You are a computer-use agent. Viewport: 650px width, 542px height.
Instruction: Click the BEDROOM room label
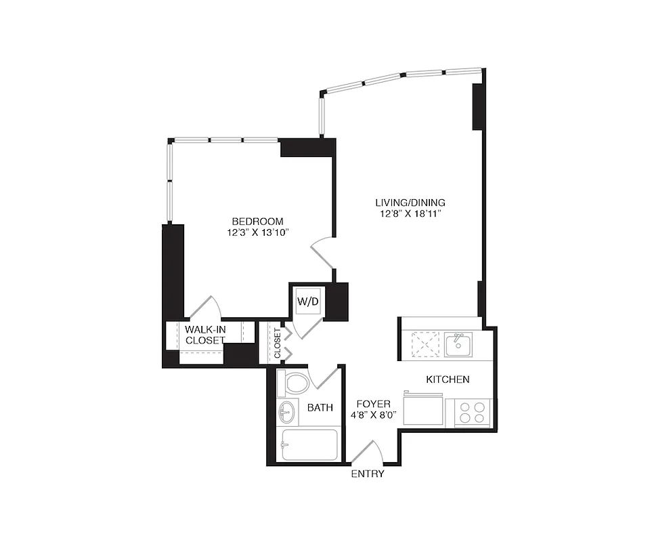[257, 222]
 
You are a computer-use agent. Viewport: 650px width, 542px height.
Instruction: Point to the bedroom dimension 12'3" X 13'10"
[257, 233]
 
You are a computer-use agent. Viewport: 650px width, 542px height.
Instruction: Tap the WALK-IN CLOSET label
[205, 335]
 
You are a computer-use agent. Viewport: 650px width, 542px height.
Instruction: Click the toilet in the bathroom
[296, 384]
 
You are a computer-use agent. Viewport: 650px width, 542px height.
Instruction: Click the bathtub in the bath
[309, 444]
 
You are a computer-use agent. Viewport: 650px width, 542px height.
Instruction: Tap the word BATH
[320, 408]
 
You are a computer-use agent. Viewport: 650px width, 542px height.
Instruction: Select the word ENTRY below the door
[368, 474]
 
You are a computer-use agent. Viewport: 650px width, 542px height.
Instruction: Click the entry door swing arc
[368, 453]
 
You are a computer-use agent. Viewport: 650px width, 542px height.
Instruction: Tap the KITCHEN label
[448, 379]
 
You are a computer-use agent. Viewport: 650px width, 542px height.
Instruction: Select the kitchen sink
[458, 344]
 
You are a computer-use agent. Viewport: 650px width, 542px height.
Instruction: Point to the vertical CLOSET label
[277, 343]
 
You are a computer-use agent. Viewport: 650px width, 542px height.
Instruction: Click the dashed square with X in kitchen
[425, 344]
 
